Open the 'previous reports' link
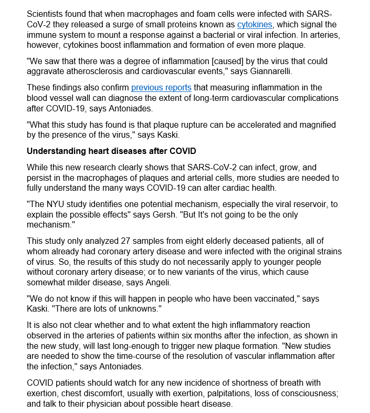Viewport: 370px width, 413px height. [x=161, y=88]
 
